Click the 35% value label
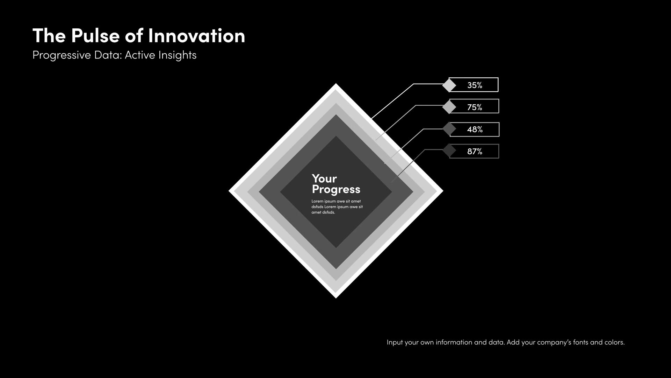(x=475, y=85)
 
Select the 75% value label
(x=475, y=107)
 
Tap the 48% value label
(x=475, y=129)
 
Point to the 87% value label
(x=475, y=151)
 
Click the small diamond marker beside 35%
(x=449, y=85)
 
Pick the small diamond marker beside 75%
(x=449, y=107)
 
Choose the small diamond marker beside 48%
(x=449, y=129)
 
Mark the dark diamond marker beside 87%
(x=449, y=150)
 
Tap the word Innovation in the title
(x=197, y=36)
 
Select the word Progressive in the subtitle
(x=62, y=56)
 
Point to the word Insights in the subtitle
(x=177, y=56)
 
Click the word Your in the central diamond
(x=324, y=178)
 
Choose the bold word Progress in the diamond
(x=336, y=190)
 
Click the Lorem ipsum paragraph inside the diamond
(x=337, y=207)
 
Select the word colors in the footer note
(x=614, y=342)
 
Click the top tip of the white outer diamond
(x=336, y=84)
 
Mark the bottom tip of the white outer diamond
(x=336, y=298)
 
